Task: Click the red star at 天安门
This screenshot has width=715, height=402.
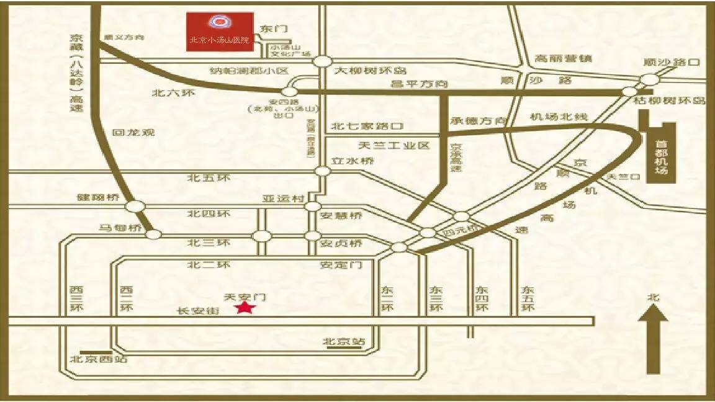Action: tap(245, 308)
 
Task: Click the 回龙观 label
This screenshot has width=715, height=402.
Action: tap(133, 132)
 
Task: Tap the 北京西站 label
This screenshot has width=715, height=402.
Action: tap(99, 359)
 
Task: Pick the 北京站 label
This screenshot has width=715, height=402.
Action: tap(344, 342)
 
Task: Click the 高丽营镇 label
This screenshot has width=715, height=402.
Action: tap(563, 59)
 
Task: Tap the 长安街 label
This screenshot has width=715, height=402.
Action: tap(198, 311)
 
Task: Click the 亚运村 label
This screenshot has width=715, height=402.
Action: tap(283, 199)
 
